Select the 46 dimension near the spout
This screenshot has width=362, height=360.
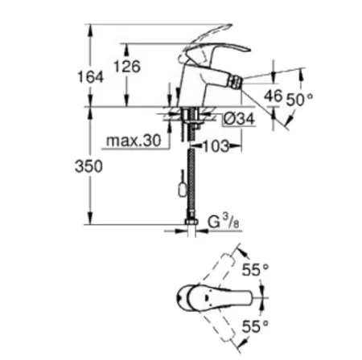(273, 96)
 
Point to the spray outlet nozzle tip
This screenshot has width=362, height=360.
(237, 80)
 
